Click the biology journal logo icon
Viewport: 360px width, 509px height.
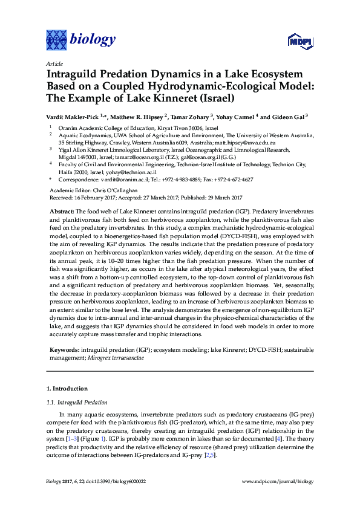(x=57, y=41)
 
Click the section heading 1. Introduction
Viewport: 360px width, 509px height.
(x=67, y=388)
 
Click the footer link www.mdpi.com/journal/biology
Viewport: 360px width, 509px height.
(x=278, y=481)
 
